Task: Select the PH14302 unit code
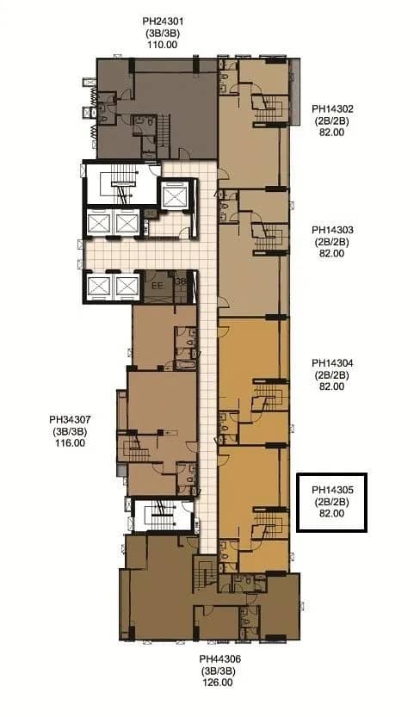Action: pos(331,110)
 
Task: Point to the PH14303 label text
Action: pos(331,231)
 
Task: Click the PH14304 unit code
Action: pos(331,363)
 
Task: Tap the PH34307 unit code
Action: pos(71,421)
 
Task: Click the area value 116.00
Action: pos(71,443)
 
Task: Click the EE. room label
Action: pos(157,284)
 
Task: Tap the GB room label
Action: pos(181,281)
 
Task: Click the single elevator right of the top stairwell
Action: pos(176,195)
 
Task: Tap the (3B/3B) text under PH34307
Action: pos(71,432)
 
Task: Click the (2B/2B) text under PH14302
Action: pos(331,121)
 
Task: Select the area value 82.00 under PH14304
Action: pos(331,386)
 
